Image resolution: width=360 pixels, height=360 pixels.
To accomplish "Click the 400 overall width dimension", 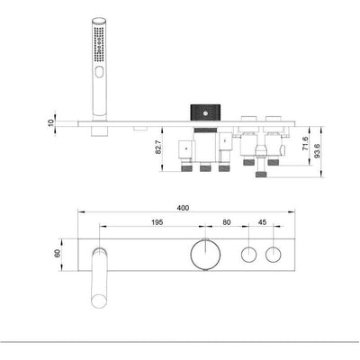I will click(x=184, y=208).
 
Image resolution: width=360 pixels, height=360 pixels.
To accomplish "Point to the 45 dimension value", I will click(x=261, y=223).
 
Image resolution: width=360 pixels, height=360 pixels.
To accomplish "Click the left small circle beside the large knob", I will click(x=247, y=255).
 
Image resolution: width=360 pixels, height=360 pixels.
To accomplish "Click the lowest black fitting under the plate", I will click(x=260, y=176).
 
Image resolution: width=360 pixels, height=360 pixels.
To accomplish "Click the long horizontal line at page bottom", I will click(x=180, y=343).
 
